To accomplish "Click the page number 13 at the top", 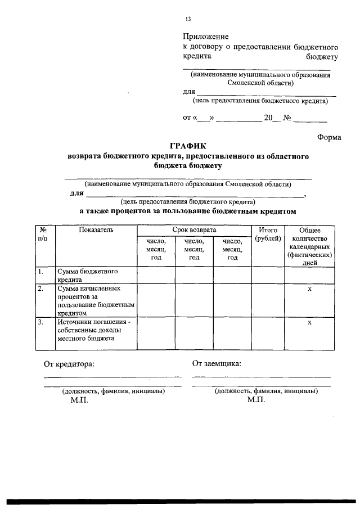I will (x=188, y=19).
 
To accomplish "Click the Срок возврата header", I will (x=194, y=230).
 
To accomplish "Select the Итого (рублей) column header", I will (x=268, y=235).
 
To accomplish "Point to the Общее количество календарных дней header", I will (x=309, y=246).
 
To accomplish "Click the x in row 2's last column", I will (x=309, y=289).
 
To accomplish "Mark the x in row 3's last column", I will (x=309, y=323).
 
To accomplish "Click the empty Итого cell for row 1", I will (x=268, y=275).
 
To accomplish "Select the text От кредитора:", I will (x=69, y=363).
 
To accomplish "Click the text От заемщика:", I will (x=217, y=363).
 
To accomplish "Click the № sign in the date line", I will (x=286, y=118).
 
